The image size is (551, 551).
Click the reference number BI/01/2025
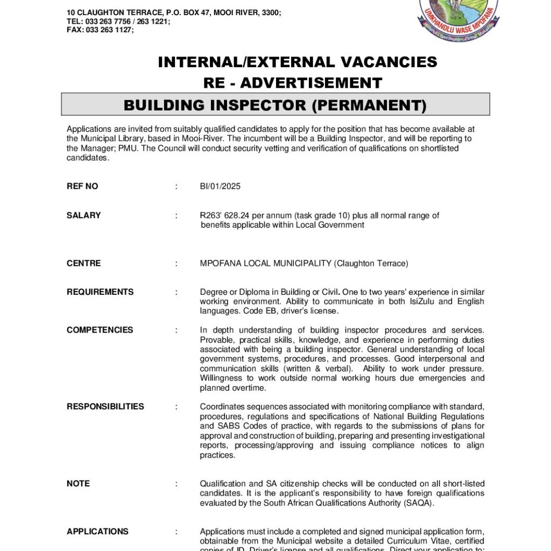220,187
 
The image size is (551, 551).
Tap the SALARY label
83,215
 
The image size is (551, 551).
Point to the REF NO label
82,187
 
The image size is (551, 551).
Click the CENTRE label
83,263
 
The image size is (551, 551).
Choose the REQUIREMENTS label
100,292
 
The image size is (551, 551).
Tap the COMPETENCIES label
100,330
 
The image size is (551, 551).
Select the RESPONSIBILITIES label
105,407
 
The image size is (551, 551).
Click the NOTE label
78,484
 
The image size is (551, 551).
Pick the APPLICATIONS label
97,532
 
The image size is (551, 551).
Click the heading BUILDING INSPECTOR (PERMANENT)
275,105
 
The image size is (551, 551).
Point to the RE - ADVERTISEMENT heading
292,83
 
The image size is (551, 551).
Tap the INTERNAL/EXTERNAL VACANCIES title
297,62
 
